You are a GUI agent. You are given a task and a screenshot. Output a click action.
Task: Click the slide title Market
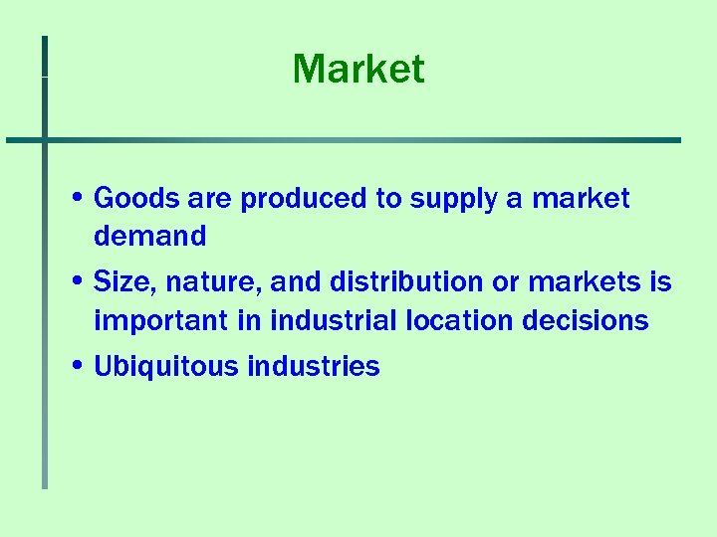[358, 70]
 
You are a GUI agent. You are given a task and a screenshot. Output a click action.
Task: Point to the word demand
[149, 237]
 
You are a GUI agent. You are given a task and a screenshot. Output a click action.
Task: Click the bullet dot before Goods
[78, 198]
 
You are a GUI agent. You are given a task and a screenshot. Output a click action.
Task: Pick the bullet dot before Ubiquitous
[78, 366]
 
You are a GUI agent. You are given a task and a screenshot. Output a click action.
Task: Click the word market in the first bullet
[581, 199]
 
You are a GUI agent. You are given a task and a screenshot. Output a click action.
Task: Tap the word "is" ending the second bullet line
[661, 283]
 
